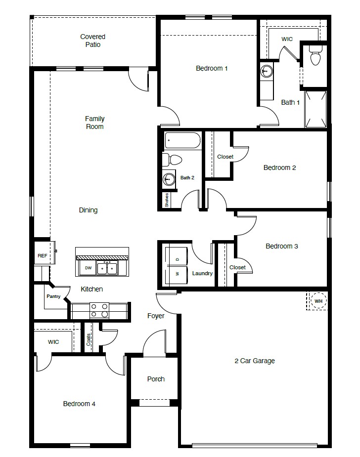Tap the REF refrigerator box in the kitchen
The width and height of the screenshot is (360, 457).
(42, 256)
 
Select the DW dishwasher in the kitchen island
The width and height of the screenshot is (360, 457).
(88, 268)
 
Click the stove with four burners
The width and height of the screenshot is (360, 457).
(99, 311)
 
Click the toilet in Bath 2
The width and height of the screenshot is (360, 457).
(173, 160)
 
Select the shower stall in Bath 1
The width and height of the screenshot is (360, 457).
(315, 108)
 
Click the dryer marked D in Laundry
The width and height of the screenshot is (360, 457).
(178, 258)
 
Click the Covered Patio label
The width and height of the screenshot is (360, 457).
(93, 41)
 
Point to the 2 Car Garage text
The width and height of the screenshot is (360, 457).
(254, 361)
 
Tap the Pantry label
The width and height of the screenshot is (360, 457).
(53, 296)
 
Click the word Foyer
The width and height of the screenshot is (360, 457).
(156, 316)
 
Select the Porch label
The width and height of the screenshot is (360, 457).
(156, 379)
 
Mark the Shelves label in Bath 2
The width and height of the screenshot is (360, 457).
(167, 200)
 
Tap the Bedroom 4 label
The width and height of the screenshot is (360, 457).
(79, 404)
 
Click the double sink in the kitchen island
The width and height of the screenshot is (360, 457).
(107, 268)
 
